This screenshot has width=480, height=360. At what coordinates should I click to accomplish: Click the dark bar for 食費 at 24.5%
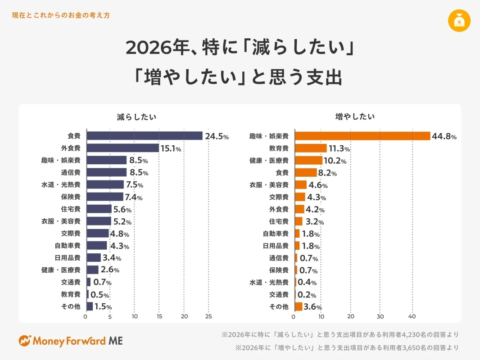click(144, 136)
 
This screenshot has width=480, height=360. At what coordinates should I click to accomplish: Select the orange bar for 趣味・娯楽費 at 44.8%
click(363, 136)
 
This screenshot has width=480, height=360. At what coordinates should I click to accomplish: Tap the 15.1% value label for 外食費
click(171, 148)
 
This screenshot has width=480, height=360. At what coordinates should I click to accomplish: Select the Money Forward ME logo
click(71, 341)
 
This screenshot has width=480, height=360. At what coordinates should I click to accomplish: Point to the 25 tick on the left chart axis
click(208, 316)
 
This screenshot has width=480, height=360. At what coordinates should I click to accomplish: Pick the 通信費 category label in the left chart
click(70, 172)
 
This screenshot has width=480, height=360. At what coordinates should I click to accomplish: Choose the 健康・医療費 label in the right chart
click(269, 160)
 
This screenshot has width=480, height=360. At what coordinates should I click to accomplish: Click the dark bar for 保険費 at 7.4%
click(105, 197)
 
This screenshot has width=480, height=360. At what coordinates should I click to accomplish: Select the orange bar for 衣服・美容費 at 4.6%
click(301, 184)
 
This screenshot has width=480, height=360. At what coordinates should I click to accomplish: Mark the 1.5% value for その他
click(103, 307)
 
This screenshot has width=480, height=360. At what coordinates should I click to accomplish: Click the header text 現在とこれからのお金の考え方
click(61, 15)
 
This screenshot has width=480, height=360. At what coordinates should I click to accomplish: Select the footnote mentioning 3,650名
click(347, 347)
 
